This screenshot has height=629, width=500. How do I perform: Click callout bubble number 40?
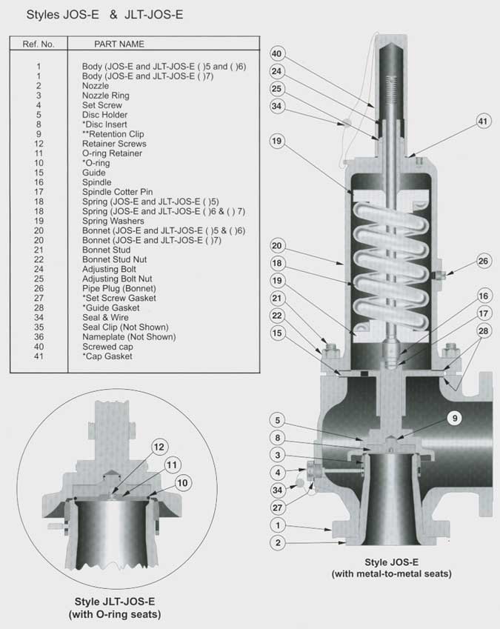277,54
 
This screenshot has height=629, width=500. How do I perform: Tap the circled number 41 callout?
483,120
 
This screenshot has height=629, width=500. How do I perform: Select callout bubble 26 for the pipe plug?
483,261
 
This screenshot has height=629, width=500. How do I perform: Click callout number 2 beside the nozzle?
277,543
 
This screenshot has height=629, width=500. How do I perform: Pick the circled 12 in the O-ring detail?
158,447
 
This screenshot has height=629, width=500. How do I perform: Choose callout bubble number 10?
181,483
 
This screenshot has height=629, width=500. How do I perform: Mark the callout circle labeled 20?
277,245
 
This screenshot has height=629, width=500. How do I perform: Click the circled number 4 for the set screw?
277,472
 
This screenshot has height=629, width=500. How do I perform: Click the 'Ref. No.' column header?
39,44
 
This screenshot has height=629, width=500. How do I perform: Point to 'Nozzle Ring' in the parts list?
106,96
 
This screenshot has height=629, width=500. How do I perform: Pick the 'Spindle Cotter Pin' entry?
117,192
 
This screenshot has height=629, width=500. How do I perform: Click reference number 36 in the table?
39,336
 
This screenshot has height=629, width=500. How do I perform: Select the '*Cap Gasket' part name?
107,356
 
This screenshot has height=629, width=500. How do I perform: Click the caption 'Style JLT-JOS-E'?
114,601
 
